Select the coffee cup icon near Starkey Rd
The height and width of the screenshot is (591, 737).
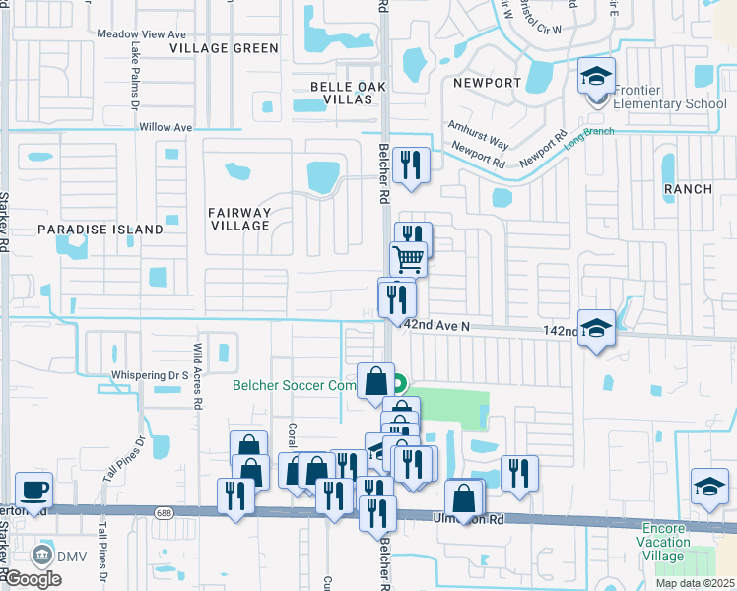[x=34, y=490]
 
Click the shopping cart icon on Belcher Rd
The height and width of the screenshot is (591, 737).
[x=408, y=260]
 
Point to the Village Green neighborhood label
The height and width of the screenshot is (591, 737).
[x=224, y=48]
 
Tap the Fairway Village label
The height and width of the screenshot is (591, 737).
[x=239, y=219]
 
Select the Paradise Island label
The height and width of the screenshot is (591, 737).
[x=100, y=230]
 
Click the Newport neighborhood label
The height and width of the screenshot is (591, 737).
[x=487, y=83]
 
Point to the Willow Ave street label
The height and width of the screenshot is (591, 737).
[x=166, y=127]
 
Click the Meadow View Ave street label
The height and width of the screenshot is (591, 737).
[x=142, y=33]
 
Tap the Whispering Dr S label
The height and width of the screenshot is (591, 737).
[x=150, y=375]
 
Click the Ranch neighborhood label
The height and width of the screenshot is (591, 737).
[x=687, y=188]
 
